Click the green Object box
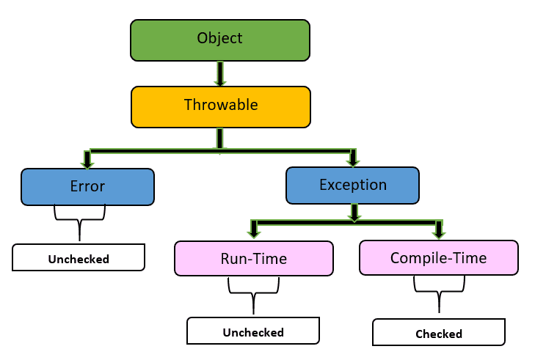(219, 40)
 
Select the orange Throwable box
(220, 106)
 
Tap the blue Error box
(87, 187)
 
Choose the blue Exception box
(352, 185)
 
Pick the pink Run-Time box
(253, 258)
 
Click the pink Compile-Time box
(438, 258)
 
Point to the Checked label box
(438, 333)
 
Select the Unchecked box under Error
(79, 258)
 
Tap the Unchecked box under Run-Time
(253, 331)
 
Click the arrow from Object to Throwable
(219, 73)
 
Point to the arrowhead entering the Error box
(87, 161)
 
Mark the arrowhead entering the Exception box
(353, 160)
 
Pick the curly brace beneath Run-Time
(253, 293)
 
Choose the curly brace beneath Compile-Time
(439, 292)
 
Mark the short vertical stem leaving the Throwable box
(219, 138)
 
